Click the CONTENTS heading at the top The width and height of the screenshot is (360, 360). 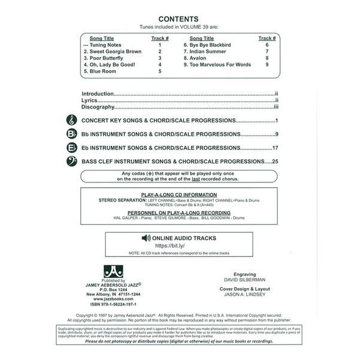(179, 19)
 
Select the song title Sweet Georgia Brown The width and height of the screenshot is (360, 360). (113, 52)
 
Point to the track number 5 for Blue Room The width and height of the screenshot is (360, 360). (160, 71)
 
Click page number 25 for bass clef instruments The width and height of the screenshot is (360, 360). (276, 161)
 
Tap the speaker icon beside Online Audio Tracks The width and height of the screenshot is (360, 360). (145, 238)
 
